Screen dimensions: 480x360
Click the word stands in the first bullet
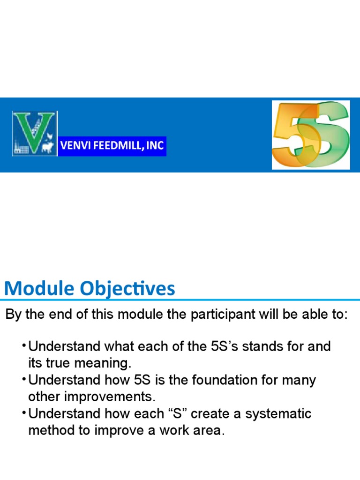coord(262,347)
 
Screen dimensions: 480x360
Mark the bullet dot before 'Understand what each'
coord(23,346)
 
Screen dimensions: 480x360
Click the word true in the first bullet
coord(59,363)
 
